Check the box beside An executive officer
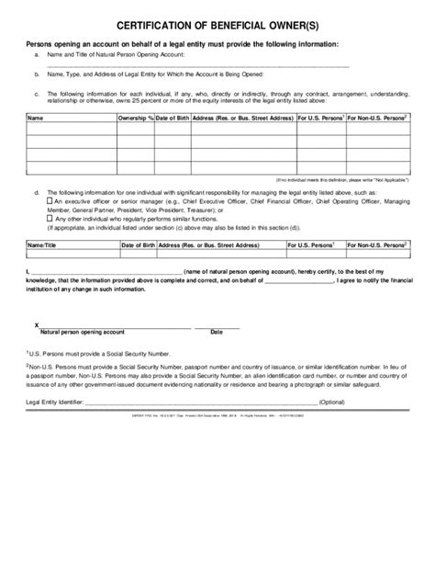[x=50, y=199]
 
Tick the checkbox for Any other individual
[x=50, y=219]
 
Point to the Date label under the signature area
[x=217, y=332]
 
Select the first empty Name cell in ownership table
[x=70, y=131]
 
